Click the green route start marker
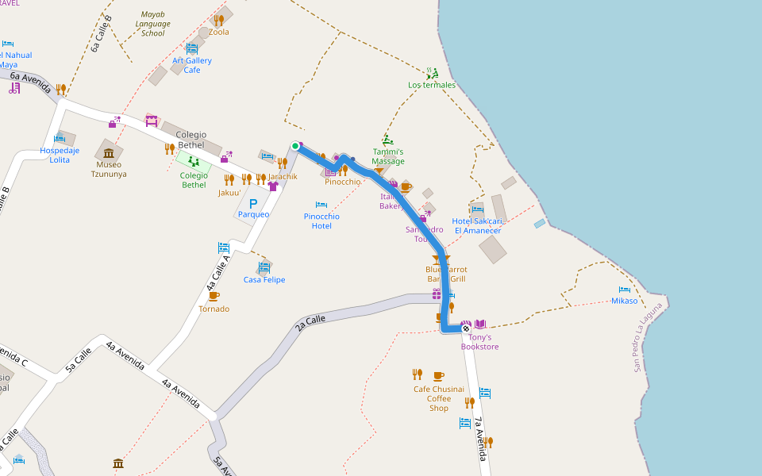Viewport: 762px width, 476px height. [x=295, y=146]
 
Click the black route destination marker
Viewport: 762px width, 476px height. [x=466, y=328]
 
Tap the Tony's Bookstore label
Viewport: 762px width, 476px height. [x=479, y=342]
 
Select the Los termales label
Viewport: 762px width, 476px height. [x=432, y=85]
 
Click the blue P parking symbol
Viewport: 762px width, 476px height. [x=253, y=204]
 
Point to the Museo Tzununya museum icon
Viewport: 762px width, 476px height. [x=109, y=152]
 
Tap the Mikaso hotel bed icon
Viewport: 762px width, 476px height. [x=625, y=290]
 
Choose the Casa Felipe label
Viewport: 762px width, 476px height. [x=264, y=279]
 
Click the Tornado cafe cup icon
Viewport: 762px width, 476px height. [x=214, y=296]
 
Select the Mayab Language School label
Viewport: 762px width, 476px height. [x=152, y=24]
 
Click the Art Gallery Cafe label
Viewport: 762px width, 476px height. [x=192, y=65]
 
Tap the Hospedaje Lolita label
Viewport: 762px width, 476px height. [x=60, y=155]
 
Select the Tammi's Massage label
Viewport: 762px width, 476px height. [x=388, y=156]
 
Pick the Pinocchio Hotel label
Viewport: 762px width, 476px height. [x=321, y=221]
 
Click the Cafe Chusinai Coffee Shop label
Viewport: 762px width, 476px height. [x=438, y=398]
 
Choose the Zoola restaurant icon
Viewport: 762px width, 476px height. [x=218, y=20]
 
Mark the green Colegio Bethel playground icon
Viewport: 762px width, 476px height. [x=194, y=161]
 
